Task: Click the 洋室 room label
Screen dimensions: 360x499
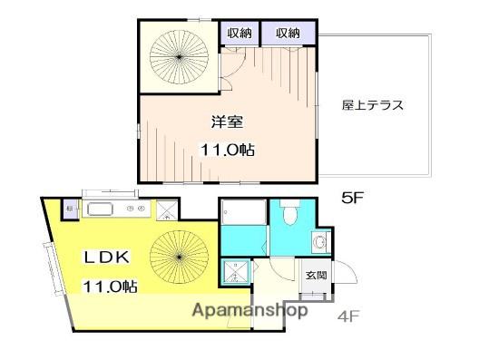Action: coord(227,122)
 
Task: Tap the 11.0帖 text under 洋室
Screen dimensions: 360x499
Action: coord(227,150)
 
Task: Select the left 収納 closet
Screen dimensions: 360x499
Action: coord(241,33)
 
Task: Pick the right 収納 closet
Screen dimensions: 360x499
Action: coord(288,33)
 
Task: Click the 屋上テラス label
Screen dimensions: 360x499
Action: coord(372,104)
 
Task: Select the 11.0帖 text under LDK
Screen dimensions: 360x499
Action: coord(110,287)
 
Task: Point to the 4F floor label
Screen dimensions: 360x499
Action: coord(348,316)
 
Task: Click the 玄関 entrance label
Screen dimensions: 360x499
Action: coord(316,276)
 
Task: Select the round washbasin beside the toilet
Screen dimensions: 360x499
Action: coord(319,243)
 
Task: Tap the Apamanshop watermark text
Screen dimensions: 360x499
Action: coord(249,310)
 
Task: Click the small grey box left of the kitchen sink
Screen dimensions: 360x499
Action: coord(70,210)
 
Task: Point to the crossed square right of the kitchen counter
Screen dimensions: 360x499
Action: coord(167,210)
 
